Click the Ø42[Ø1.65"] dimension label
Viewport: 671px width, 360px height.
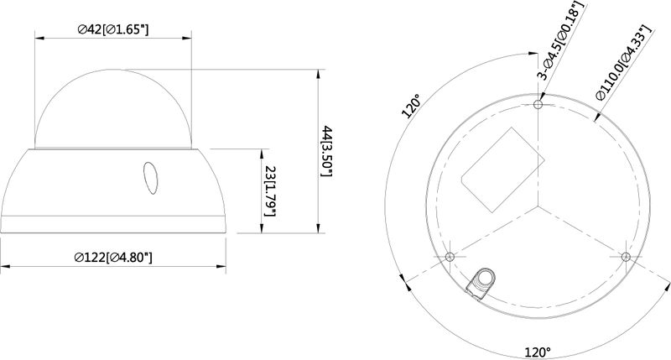click(x=113, y=29)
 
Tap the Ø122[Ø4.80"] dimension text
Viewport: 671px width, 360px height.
click(x=113, y=258)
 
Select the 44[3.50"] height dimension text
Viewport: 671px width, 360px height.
click(x=327, y=151)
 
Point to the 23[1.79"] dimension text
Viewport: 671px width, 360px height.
click(x=270, y=191)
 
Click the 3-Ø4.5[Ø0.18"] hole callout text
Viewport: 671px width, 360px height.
click(x=561, y=40)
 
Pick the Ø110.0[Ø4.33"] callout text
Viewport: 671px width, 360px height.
click(x=624, y=62)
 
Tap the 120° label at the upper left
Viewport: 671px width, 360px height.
click(x=411, y=107)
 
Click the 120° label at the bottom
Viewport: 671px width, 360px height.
click(x=538, y=352)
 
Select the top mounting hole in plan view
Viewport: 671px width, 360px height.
click(x=538, y=104)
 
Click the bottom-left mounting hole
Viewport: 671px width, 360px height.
click(x=450, y=257)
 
